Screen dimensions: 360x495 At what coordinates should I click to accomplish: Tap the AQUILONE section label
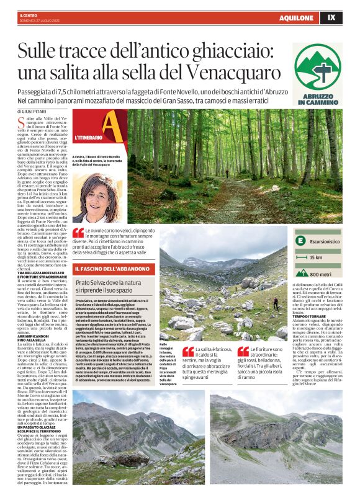click(x=296, y=18)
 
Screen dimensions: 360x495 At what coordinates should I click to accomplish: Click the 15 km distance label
click(x=315, y=257)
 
